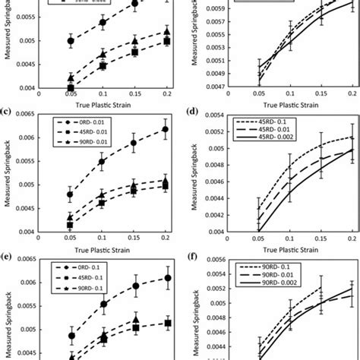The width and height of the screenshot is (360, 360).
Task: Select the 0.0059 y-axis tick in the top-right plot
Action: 219,8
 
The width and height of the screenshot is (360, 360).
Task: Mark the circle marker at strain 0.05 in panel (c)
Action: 71,194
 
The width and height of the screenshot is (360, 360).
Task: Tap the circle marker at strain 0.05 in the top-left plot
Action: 71,41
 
